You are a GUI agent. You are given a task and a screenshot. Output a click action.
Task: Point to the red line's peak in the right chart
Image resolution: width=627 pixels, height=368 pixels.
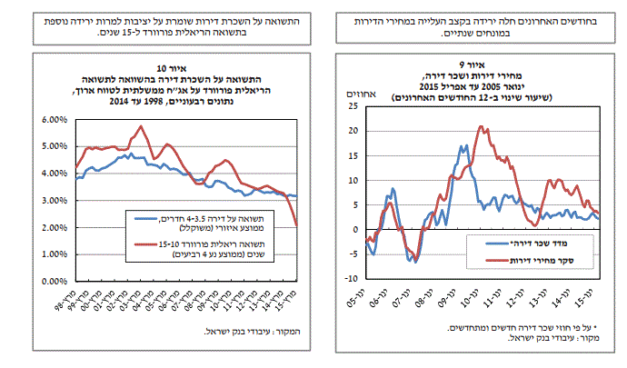(x=482, y=127)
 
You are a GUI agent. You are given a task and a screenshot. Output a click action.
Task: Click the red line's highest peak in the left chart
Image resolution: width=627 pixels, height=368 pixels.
(x=140, y=125)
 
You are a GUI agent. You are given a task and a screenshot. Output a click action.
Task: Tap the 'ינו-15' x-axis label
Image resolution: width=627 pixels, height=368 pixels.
(x=585, y=304)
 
